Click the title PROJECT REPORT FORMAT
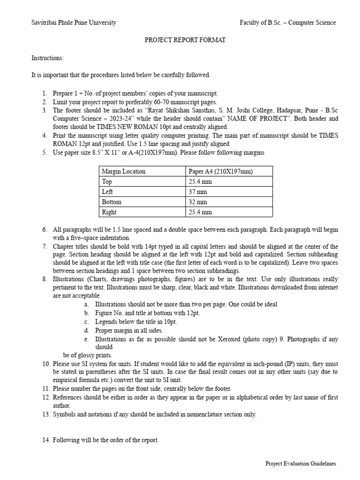(x=184, y=40)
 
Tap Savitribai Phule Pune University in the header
(x=74, y=22)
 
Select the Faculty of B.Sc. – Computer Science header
(x=287, y=22)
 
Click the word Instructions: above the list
(x=47, y=58)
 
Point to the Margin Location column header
(x=124, y=171)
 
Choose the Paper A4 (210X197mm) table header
(x=220, y=171)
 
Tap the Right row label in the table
(x=109, y=212)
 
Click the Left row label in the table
(x=107, y=192)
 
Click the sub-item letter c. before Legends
(x=87, y=322)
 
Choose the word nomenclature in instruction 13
(x=204, y=414)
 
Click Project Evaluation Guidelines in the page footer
(x=300, y=464)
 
